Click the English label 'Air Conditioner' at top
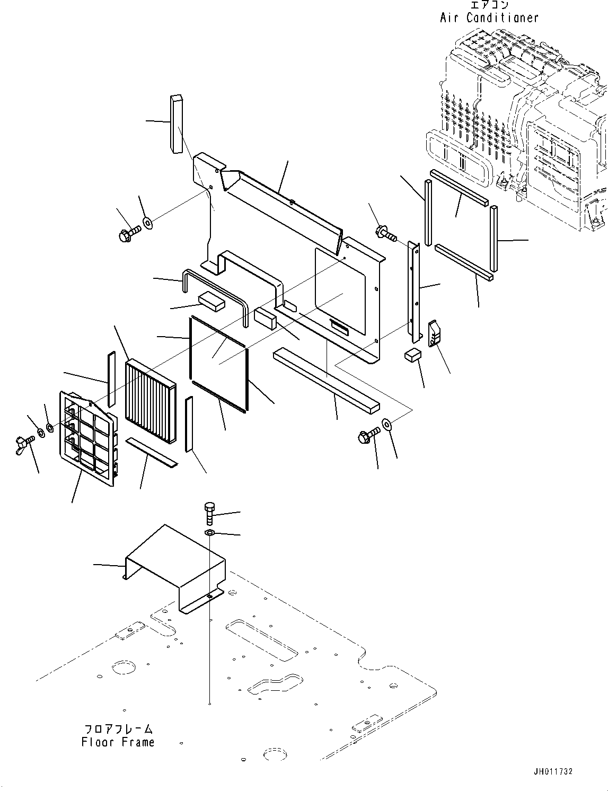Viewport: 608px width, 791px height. (x=489, y=17)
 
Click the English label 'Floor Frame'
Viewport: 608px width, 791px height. (x=118, y=742)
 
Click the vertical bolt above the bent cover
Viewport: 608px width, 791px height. (x=209, y=513)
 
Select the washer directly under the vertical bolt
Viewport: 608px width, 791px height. (x=209, y=533)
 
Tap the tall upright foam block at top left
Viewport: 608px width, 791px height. (x=175, y=124)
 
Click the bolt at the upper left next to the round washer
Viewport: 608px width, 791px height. (x=128, y=233)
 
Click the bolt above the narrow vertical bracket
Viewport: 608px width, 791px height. (x=386, y=233)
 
